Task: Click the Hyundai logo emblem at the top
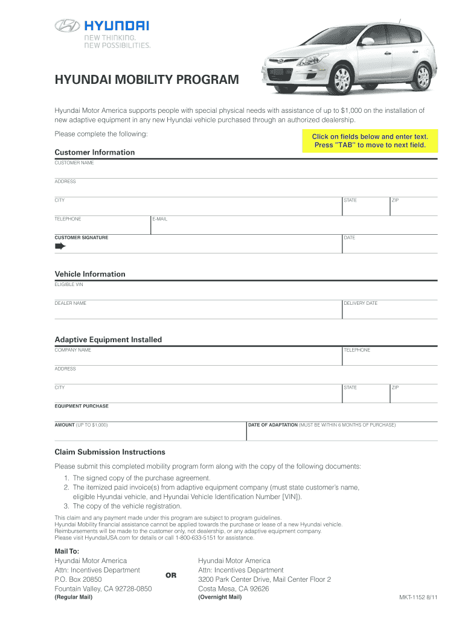pos(66,25)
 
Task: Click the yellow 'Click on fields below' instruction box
pos(370,141)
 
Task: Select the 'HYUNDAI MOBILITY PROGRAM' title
pos(147,80)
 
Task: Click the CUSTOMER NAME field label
pos(74,163)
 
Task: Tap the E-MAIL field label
pos(160,219)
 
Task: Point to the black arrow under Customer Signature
pos(60,247)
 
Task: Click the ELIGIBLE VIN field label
pos(69,284)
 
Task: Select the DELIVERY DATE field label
pos(361,303)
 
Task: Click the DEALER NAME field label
pos(71,303)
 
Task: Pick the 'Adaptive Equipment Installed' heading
pos(108,340)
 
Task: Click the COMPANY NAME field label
pos(73,350)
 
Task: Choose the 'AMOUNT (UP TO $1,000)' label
pos(81,425)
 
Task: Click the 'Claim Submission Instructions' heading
pos(110,452)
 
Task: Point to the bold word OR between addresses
pos(171,575)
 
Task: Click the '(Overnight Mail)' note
pos(220,597)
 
